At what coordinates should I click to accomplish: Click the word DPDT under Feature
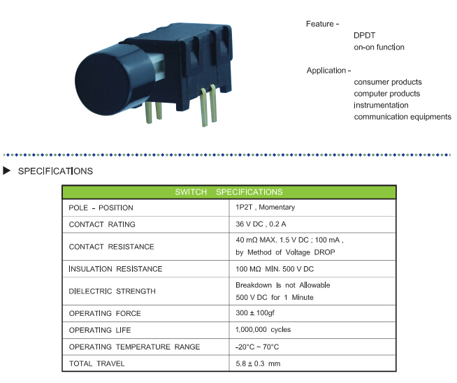coord(364,36)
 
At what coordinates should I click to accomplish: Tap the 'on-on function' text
coord(379,48)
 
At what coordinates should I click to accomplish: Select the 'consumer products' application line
coord(388,82)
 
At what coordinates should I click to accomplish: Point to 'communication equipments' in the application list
coord(402,117)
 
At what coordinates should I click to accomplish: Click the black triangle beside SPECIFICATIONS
coord(6,171)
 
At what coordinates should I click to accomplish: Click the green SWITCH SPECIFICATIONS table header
coord(228,192)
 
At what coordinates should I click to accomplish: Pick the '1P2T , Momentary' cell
coord(266,208)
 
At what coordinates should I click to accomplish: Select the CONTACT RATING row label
coord(102,224)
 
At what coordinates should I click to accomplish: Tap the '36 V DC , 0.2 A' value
coord(261,224)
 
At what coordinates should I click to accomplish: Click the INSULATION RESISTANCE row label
coord(115,269)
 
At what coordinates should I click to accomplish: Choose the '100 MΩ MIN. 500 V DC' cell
coord(275,269)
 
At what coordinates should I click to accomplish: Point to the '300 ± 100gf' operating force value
coord(255,313)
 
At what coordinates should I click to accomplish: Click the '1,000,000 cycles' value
coord(263,330)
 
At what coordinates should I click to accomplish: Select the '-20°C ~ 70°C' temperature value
coord(257,347)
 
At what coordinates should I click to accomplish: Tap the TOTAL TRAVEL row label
coord(96,363)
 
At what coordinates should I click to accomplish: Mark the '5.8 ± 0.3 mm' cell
coord(258,363)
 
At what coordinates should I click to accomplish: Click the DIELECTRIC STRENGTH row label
coord(113,291)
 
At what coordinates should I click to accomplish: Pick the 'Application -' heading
coord(328,71)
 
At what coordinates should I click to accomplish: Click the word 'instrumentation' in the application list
coord(381,106)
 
